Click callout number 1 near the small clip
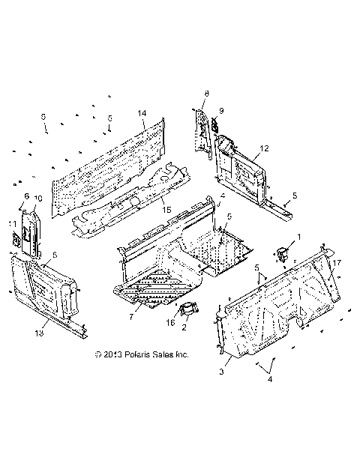300,237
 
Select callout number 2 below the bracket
184,327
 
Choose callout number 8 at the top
206,93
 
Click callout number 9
221,111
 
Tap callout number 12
263,148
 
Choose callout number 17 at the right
338,262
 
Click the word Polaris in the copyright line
139,353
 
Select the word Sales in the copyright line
166,353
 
